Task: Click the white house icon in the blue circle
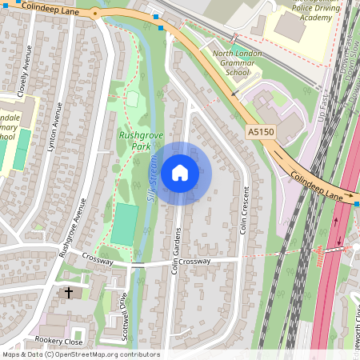[x=180, y=173]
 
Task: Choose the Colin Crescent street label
[x=246, y=213]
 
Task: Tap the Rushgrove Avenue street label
[x=72, y=225]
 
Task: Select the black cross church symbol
[x=68, y=293]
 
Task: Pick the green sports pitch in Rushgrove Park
[x=123, y=225]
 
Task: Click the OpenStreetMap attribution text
[x=80, y=354]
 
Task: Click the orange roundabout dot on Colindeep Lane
[x=95, y=13]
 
